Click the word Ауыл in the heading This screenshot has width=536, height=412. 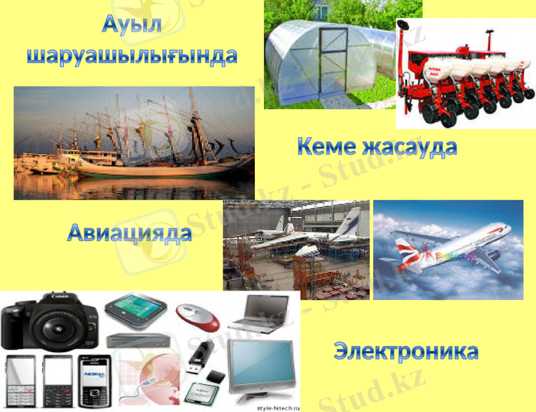point(132,24)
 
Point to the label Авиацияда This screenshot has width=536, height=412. point(129,233)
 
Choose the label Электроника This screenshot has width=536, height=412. point(406,351)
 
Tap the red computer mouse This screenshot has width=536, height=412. point(199,317)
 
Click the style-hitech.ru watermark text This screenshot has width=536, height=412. point(278,407)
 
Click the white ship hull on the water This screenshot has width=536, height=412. point(158,168)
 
